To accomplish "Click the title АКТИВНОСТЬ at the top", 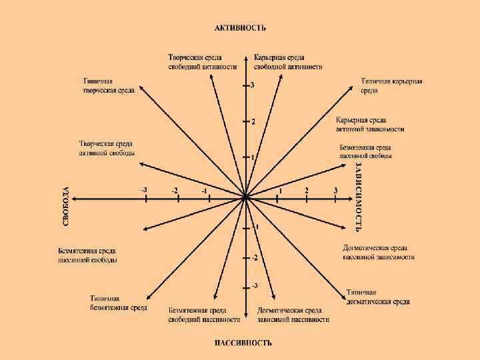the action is click(x=240, y=28).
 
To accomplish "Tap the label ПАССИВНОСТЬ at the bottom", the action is click(x=243, y=343).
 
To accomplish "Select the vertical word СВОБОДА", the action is click(x=67, y=205).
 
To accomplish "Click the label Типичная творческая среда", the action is click(x=109, y=85).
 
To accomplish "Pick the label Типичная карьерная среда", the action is click(x=392, y=85).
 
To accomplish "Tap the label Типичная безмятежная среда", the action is click(x=119, y=303).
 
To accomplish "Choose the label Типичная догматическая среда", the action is click(x=378, y=297).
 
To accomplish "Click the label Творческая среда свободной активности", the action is click(x=203, y=62).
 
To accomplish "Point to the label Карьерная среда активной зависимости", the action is click(x=370, y=124).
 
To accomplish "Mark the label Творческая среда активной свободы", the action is click(x=107, y=148).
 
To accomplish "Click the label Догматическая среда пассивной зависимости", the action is click(x=379, y=252).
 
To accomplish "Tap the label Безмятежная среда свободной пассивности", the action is click(x=197, y=315).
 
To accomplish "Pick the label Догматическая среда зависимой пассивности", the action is click(x=293, y=315).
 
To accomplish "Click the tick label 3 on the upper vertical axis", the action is click(x=252, y=85).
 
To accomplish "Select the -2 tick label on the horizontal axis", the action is click(x=175, y=191).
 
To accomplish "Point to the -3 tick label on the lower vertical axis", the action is click(x=255, y=286).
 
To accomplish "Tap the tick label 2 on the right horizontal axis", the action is click(x=307, y=191).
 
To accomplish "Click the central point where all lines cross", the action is click(x=245, y=197).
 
